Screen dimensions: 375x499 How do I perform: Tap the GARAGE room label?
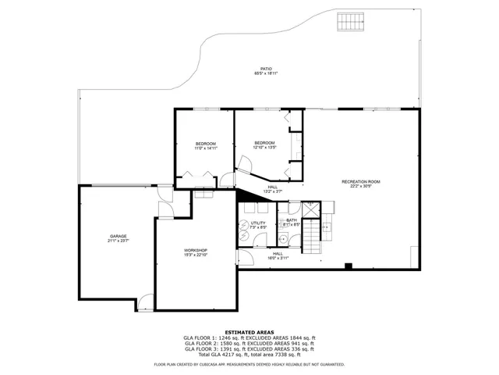pos(118,236)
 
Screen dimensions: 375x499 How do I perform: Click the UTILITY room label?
pos(258,223)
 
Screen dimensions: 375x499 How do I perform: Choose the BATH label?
pos(291,220)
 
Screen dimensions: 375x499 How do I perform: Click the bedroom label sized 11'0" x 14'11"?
pos(205,144)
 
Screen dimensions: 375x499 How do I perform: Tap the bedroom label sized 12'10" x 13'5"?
pos(264,142)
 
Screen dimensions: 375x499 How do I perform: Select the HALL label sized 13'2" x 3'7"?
pos(272,187)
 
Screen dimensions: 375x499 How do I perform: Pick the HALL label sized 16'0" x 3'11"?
pos(278,253)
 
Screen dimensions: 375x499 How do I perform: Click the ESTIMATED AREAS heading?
pos(249,332)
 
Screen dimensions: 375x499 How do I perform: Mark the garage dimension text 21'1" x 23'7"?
pos(118,241)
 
